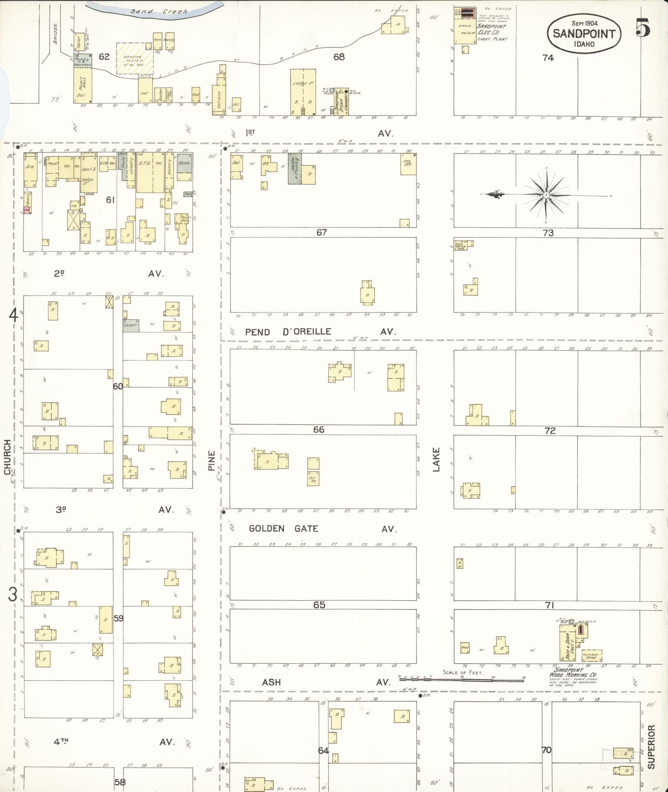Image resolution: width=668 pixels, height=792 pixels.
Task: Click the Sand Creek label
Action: (x=159, y=11)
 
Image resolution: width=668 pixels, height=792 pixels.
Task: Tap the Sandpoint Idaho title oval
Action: (x=584, y=34)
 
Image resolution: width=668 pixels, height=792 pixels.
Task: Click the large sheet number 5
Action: (x=642, y=29)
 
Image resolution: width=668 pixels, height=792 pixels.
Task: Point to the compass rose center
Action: (x=546, y=195)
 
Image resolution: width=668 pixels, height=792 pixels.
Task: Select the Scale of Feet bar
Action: (x=461, y=679)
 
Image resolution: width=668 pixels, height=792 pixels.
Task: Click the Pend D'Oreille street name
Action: (x=288, y=332)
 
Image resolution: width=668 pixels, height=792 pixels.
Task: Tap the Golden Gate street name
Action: (x=283, y=529)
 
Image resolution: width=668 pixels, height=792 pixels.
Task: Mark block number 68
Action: (x=339, y=57)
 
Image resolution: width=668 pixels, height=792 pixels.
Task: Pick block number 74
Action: (x=548, y=58)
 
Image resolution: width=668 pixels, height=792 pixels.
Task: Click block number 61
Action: (x=110, y=200)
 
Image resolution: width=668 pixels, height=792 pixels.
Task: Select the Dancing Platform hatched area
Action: (x=135, y=58)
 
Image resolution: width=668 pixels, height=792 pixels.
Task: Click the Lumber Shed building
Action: (x=592, y=655)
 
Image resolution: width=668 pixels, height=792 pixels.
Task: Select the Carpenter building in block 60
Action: (x=131, y=325)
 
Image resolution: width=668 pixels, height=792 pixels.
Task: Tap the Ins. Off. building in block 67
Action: (x=408, y=164)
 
